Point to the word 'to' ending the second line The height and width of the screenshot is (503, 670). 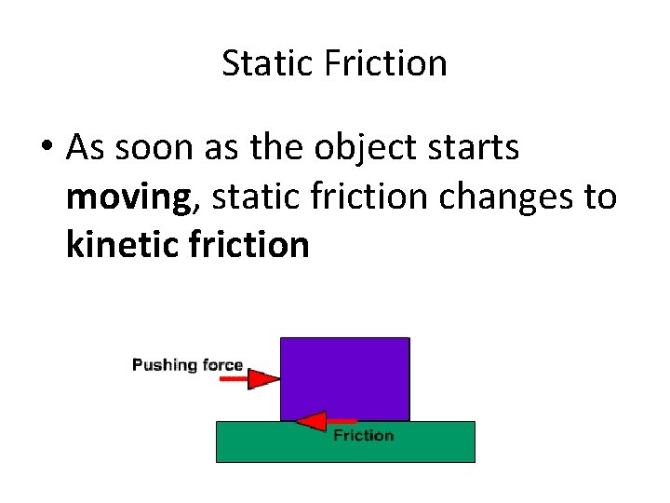click(x=601, y=197)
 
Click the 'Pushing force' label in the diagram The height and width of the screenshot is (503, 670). click(x=187, y=364)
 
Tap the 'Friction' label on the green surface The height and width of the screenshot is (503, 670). click(x=363, y=435)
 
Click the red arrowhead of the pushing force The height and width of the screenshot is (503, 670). click(x=264, y=379)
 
